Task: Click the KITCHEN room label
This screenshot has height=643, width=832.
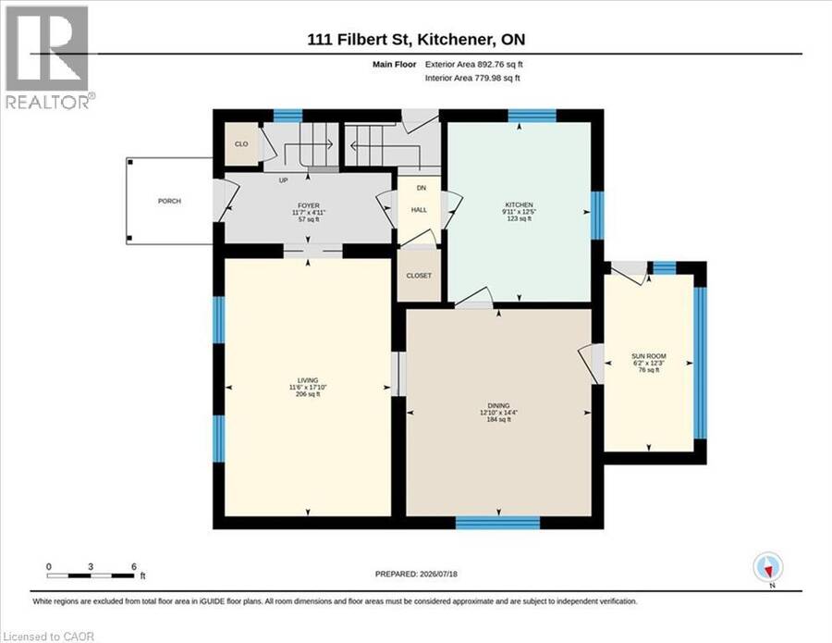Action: [x=519, y=205]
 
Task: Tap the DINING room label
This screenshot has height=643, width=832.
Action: [x=498, y=405]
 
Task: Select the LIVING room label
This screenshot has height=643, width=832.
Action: [x=308, y=380]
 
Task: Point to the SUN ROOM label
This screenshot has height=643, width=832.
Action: [x=648, y=356]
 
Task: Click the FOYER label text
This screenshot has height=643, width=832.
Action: [x=308, y=205]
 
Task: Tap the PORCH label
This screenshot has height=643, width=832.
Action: [x=169, y=202]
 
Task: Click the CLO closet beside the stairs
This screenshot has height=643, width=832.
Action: [x=241, y=144]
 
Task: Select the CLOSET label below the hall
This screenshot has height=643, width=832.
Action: [x=419, y=276]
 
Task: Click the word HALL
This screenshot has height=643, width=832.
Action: [x=419, y=210]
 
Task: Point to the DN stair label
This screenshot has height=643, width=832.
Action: [x=422, y=188]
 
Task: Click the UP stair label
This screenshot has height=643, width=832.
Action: [x=284, y=180]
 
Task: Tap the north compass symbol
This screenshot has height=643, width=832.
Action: [x=768, y=568]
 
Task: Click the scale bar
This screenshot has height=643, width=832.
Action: [x=91, y=575]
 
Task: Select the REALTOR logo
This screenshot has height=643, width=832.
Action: [x=49, y=56]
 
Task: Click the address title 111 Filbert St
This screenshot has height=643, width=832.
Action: [x=360, y=39]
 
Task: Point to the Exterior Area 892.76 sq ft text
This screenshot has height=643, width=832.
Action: [x=474, y=64]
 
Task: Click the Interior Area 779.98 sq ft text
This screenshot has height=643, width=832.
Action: [x=472, y=78]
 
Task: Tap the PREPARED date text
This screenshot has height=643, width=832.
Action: [x=416, y=574]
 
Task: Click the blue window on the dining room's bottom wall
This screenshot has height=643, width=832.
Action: [x=497, y=523]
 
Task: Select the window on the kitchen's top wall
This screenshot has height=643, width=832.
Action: [x=532, y=116]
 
